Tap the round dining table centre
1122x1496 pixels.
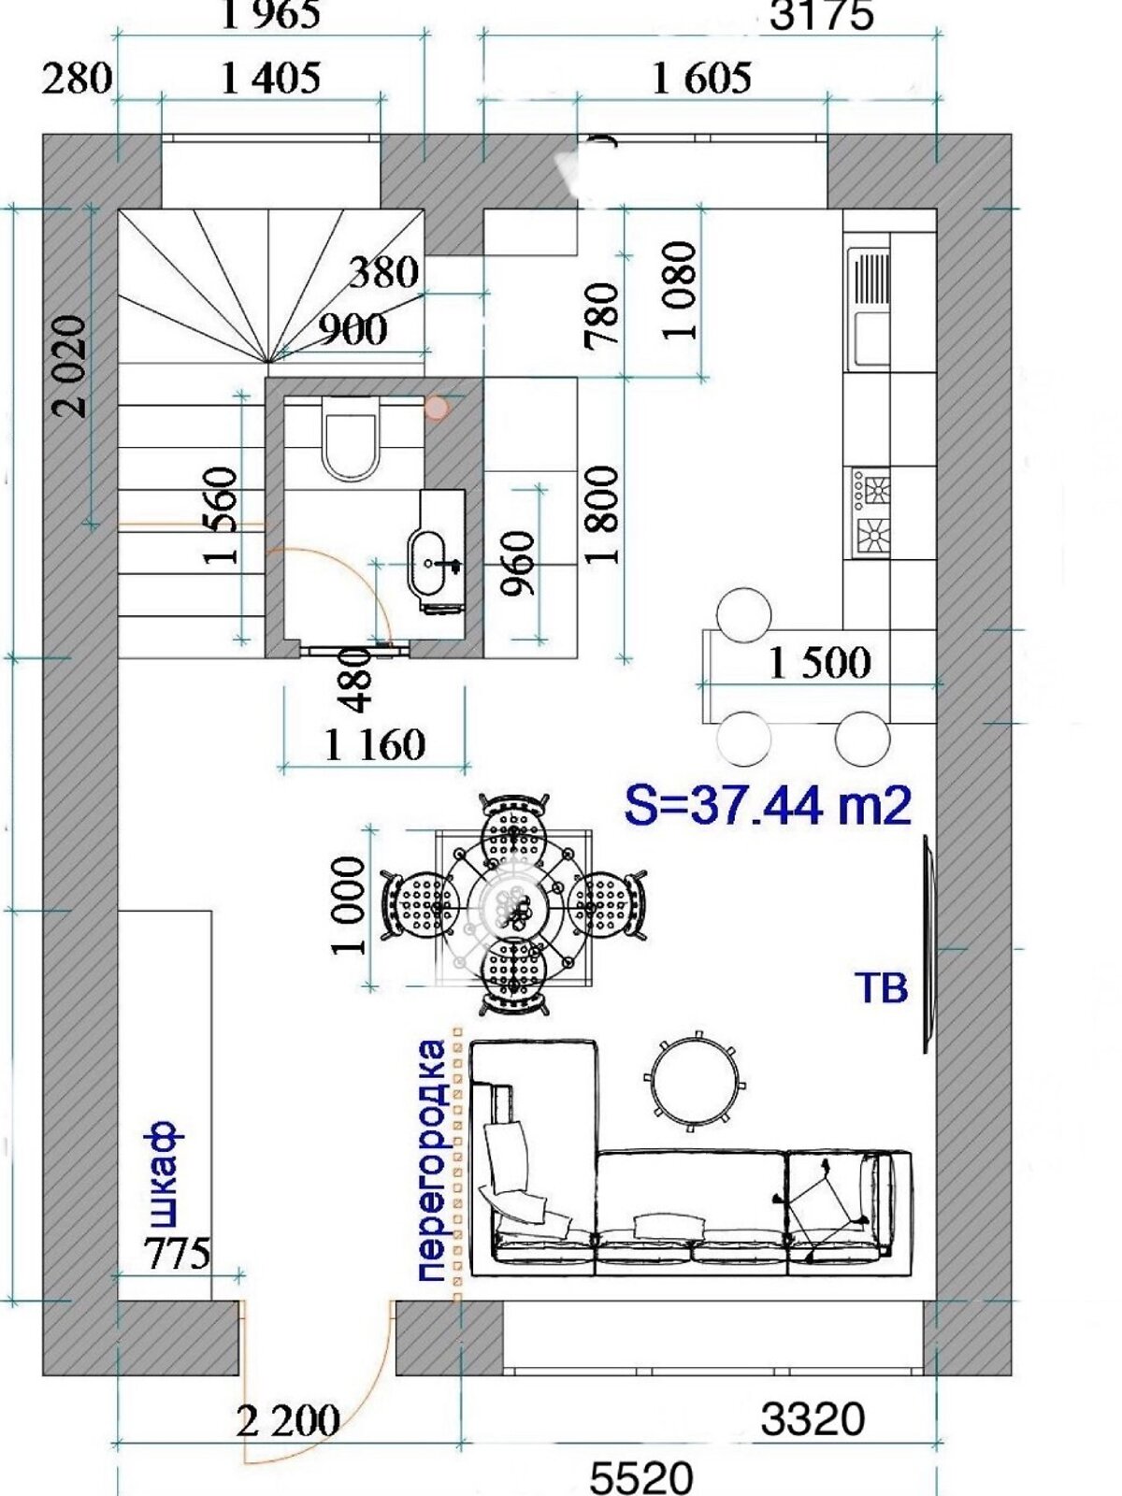(x=513, y=906)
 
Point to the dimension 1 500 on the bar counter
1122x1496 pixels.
(x=820, y=662)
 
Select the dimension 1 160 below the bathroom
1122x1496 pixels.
(x=375, y=744)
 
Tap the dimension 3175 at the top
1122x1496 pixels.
(x=821, y=15)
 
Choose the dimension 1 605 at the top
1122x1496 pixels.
(x=702, y=78)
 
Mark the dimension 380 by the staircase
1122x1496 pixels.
(x=383, y=273)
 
